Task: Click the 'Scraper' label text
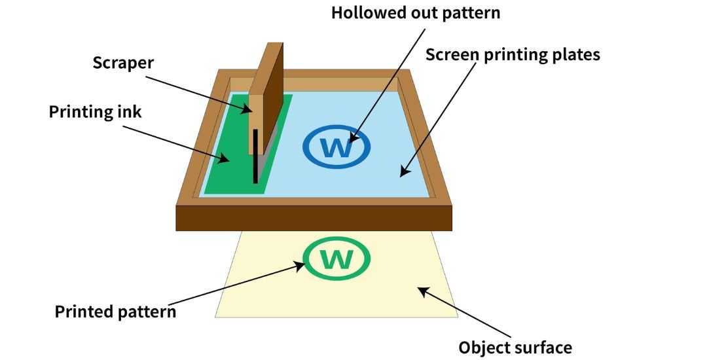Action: [x=122, y=63]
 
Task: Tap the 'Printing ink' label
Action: [x=96, y=111]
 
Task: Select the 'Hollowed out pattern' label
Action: [x=416, y=13]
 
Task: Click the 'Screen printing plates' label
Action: [x=513, y=54]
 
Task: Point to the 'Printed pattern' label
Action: [x=115, y=311]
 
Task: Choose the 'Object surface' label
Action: [x=515, y=347]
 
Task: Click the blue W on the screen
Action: [x=337, y=147]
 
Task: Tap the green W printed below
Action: [x=337, y=259]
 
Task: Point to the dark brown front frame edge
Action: [x=314, y=217]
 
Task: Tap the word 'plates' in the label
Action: [x=575, y=54]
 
